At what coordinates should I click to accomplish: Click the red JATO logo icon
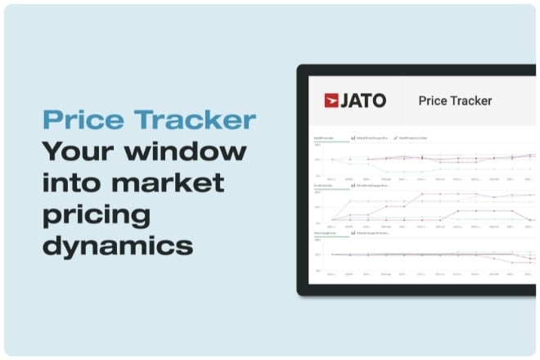pyautogui.click(x=331, y=101)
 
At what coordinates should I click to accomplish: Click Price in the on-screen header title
pyautogui.click(x=434, y=101)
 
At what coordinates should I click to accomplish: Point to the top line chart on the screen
pyautogui.click(x=425, y=159)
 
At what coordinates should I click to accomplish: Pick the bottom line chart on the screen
pyautogui.click(x=425, y=254)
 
